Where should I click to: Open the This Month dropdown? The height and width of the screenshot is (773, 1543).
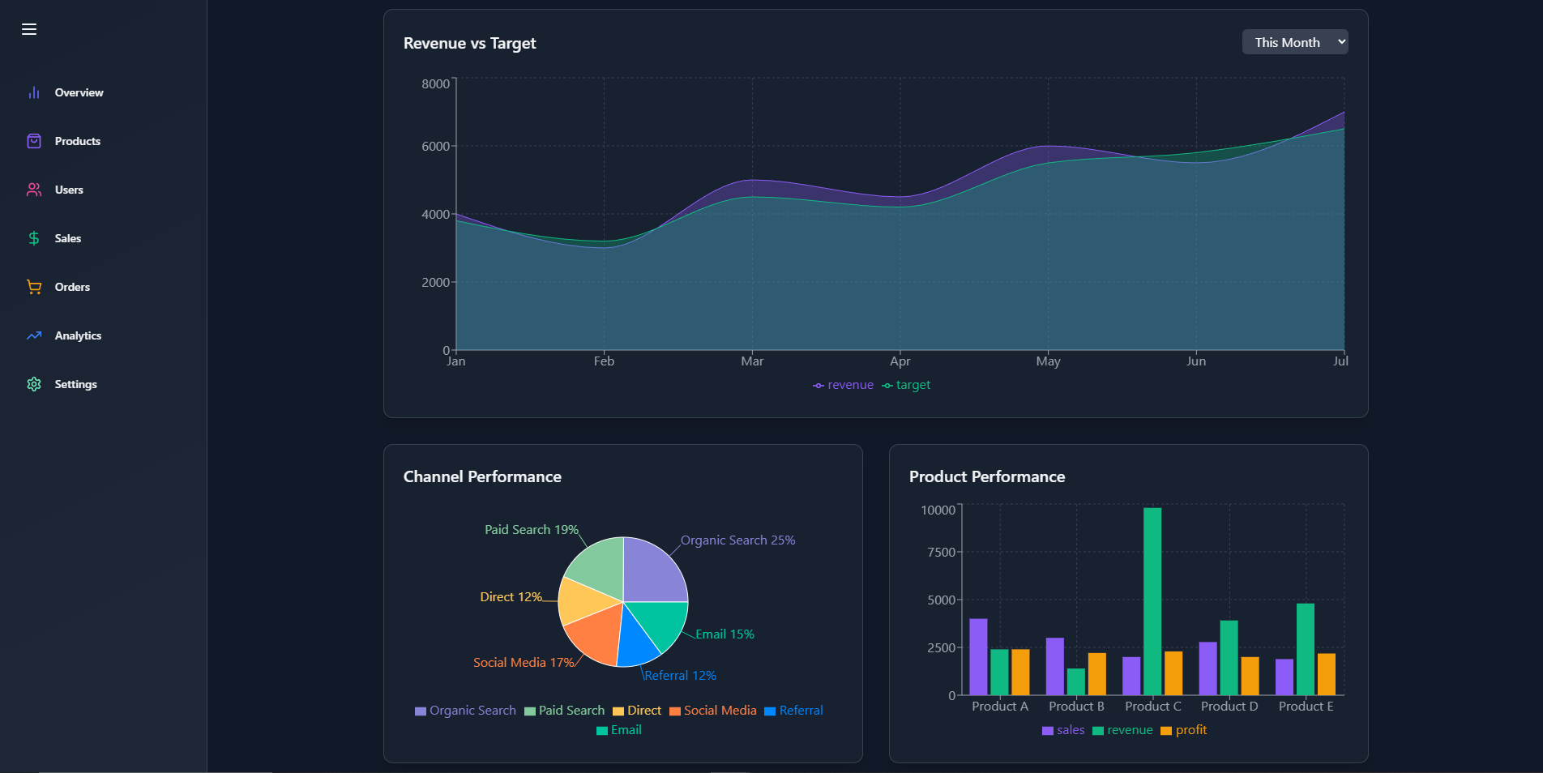coord(1295,42)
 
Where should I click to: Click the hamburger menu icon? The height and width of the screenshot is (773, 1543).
coord(29,29)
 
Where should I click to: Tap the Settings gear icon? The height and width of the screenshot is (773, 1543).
coord(34,384)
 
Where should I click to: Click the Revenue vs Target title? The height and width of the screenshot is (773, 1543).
coord(470,43)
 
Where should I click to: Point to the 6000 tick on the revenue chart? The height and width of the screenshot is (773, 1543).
coord(435,146)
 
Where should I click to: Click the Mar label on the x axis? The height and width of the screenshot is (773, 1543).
coord(752,361)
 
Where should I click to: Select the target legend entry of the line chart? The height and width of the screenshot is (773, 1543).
coord(906,385)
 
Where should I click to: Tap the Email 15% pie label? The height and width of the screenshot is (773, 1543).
coord(724,634)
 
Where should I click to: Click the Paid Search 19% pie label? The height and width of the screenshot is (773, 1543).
coord(532,530)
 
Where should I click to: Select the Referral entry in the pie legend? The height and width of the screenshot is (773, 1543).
coord(793,711)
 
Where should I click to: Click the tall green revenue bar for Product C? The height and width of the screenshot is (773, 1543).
coord(1152,601)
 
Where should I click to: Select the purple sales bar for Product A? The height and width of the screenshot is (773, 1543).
coord(978,657)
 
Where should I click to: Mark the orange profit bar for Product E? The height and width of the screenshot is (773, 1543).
coord(1327,674)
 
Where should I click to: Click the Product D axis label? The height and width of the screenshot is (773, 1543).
coord(1229,707)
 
